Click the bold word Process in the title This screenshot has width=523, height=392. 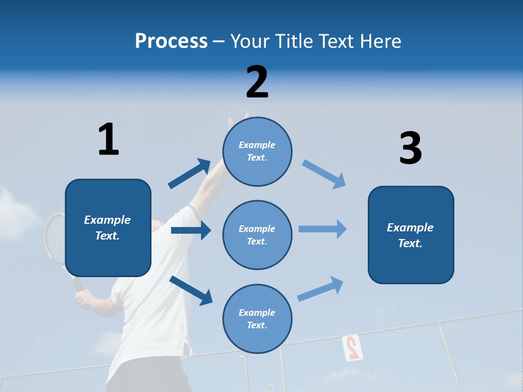point(171,41)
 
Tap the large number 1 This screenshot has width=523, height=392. point(108,139)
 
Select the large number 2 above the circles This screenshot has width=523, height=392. point(257,82)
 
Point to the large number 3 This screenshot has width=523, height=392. point(410,149)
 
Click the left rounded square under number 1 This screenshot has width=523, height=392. point(108,228)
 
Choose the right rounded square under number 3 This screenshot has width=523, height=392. point(411,235)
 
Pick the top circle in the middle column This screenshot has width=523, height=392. point(257,151)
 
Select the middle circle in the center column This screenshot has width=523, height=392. point(257,235)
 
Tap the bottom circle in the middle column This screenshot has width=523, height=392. point(257,318)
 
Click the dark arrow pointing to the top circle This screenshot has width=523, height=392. point(190,173)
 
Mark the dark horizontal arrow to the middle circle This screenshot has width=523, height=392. point(191,230)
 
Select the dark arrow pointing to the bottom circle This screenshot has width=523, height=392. point(191,290)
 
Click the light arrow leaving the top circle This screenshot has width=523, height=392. point(324,174)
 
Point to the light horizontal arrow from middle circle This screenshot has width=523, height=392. point(323,229)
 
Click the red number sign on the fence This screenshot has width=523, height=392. point(351,347)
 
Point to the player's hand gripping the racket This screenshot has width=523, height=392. point(83,298)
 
